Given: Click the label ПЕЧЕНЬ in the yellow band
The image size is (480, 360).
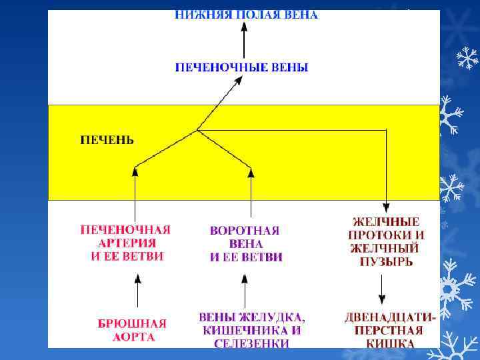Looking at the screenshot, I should pyautogui.click(x=107, y=140).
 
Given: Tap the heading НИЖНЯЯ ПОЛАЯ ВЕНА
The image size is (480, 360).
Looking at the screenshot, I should pyautogui.click(x=246, y=15).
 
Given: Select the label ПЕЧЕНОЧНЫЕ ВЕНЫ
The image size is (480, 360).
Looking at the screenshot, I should pyautogui.click(x=241, y=67).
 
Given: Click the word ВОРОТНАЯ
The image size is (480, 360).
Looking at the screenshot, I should pyautogui.click(x=245, y=230).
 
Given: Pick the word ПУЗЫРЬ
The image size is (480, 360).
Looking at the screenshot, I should pyautogui.click(x=386, y=261).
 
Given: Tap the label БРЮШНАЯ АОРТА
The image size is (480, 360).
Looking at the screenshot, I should pyautogui.click(x=132, y=330).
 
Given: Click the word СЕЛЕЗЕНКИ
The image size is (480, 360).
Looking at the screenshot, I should pyautogui.click(x=251, y=343).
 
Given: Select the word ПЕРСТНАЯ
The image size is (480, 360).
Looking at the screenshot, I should pyautogui.click(x=389, y=330).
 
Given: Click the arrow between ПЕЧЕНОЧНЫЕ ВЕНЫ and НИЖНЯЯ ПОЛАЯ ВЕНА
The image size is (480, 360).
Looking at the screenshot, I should pyautogui.click(x=244, y=41).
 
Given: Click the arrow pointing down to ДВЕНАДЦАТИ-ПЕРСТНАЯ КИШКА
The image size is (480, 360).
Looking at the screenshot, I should pyautogui.click(x=381, y=291).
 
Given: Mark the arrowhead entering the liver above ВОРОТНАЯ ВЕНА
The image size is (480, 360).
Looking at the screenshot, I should pyautogui.click(x=251, y=171).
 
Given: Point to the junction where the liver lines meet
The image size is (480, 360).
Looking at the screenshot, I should pyautogui.click(x=197, y=129).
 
